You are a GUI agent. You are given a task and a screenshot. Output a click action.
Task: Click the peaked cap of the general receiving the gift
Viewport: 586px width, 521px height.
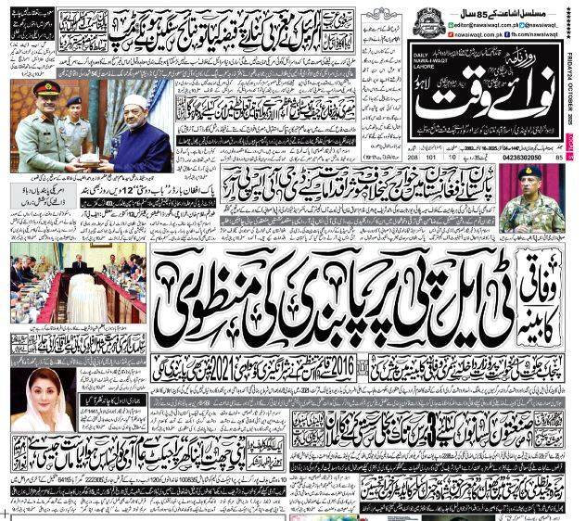click(45, 89)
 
